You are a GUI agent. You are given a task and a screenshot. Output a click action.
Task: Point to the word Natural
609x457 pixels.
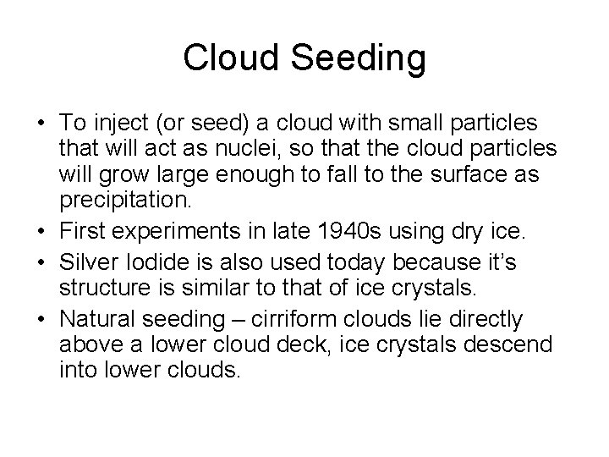point(92,319)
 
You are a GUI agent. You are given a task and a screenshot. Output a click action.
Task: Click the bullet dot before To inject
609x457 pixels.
point(41,126)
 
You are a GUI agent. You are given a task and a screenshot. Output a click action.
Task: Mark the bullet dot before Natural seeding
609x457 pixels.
point(41,320)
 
